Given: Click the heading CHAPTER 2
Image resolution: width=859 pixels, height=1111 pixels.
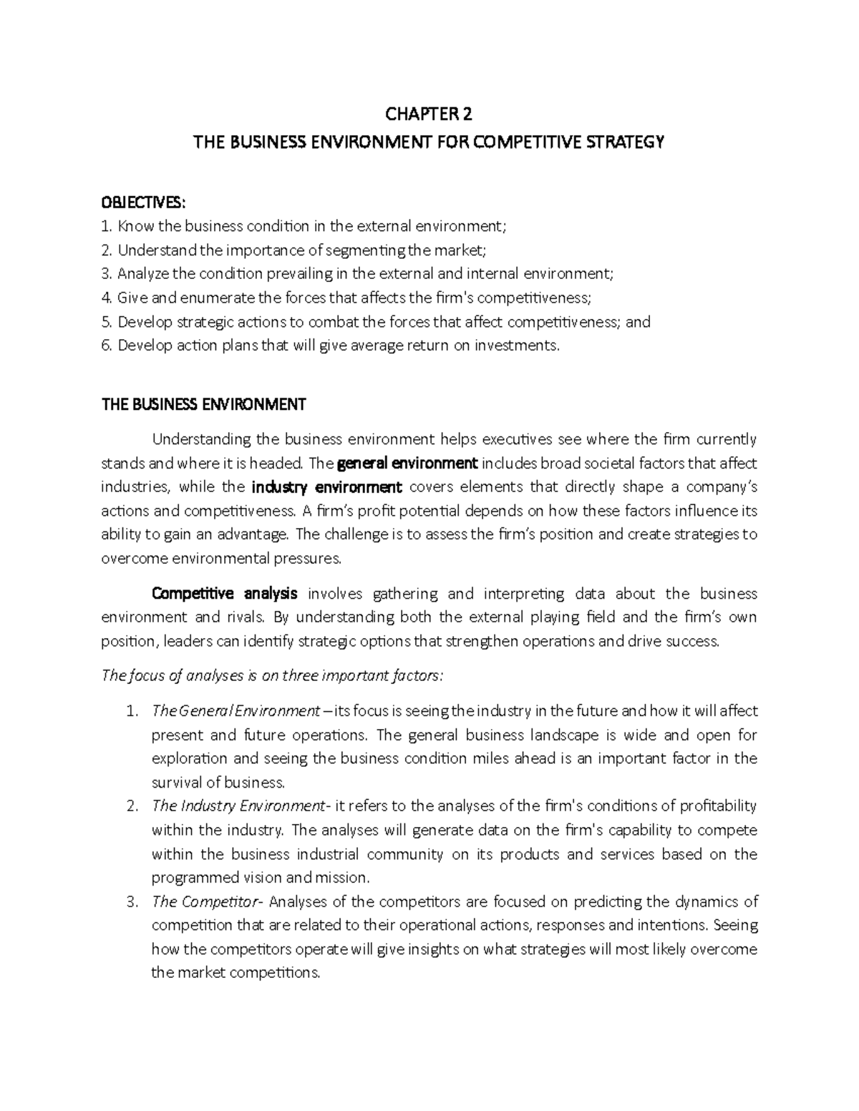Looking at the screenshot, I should point(429,114).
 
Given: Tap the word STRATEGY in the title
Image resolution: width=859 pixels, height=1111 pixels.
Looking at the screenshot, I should point(626,142).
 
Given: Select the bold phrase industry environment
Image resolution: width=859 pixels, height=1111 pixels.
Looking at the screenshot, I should point(328,487).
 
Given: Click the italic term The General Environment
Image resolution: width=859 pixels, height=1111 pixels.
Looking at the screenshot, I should point(236,711).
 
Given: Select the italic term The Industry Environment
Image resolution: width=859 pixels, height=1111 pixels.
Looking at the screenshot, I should point(238,806).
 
